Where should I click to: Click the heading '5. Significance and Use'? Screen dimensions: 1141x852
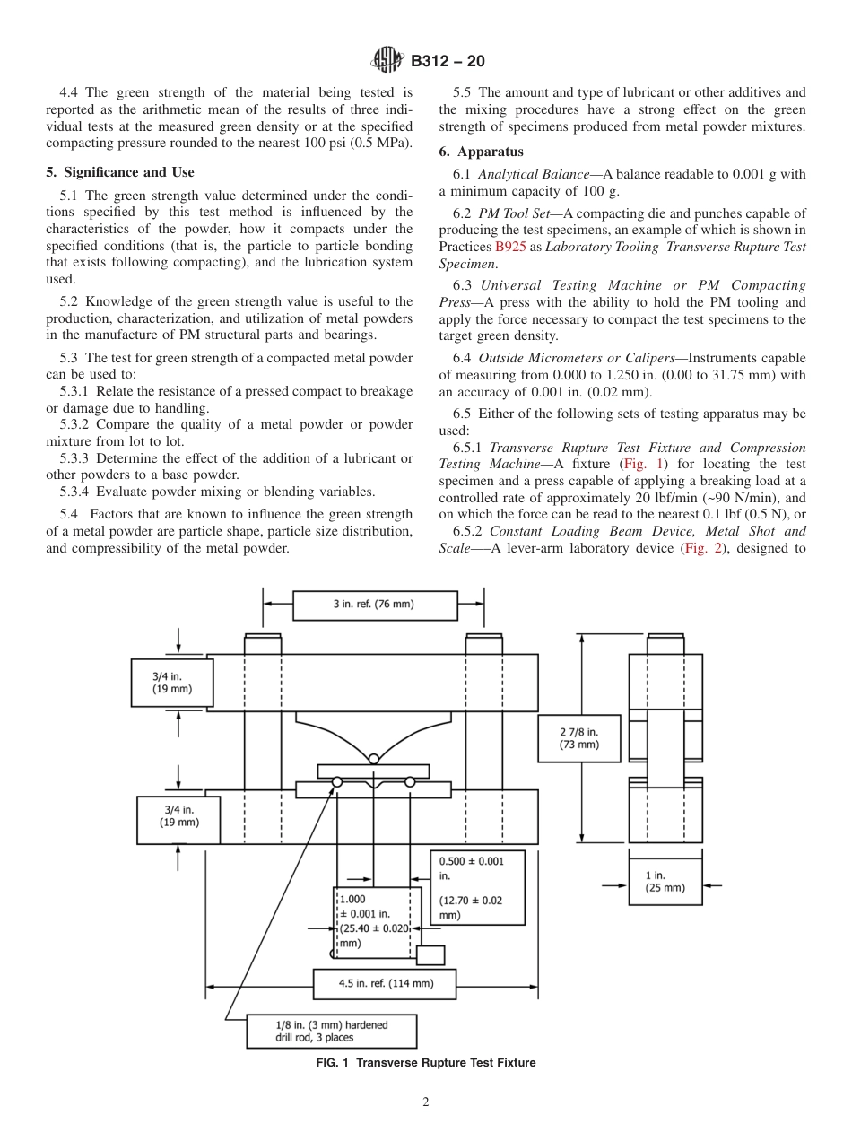(120, 172)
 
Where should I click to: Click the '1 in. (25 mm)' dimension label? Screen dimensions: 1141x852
(665, 881)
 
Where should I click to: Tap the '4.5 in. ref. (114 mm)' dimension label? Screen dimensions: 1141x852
(385, 983)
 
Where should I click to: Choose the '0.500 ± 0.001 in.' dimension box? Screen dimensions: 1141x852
(477, 887)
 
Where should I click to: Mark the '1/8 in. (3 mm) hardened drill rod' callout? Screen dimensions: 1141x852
(331, 1031)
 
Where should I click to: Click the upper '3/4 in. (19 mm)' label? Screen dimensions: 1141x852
(171, 684)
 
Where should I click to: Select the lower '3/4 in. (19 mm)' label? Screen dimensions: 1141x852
(178, 816)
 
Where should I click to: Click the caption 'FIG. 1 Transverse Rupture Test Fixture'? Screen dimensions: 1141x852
(425, 1063)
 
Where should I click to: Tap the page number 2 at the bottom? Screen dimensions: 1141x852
(425, 1102)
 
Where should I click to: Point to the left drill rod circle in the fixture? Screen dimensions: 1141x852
(337, 782)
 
